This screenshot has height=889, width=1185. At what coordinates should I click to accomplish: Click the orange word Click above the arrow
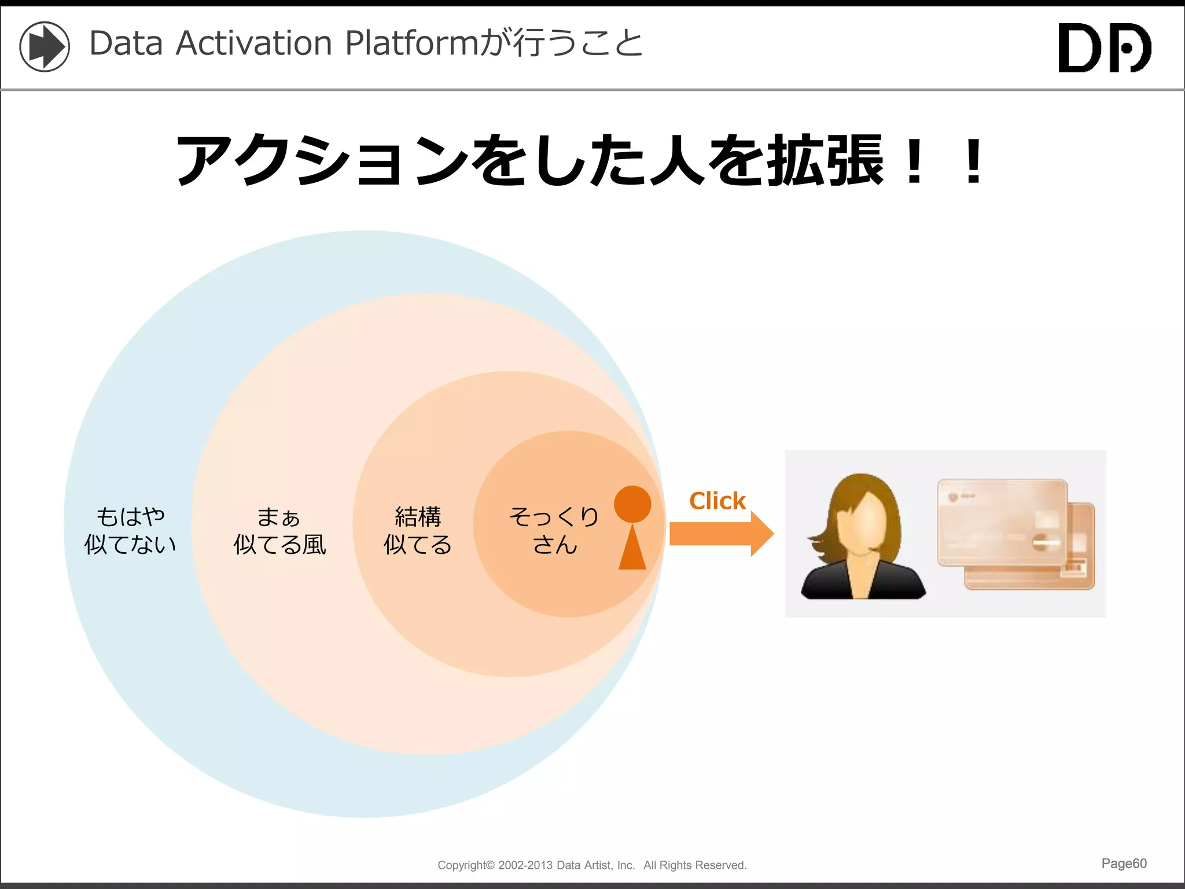717,501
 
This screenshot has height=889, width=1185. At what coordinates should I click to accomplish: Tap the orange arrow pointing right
720,533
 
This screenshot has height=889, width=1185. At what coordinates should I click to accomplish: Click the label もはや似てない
130,530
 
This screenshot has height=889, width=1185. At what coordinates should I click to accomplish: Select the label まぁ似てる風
279,530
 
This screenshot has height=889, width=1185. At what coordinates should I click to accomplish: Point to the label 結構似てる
417,530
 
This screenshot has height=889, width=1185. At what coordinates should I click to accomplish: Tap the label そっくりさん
554,530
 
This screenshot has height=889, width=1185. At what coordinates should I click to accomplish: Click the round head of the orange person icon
632,504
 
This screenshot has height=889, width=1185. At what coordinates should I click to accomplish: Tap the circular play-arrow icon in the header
45,46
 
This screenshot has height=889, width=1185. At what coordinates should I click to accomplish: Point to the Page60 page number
1124,863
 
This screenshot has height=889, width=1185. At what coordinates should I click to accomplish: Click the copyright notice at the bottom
592,865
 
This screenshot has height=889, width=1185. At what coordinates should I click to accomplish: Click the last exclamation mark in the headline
974,161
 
